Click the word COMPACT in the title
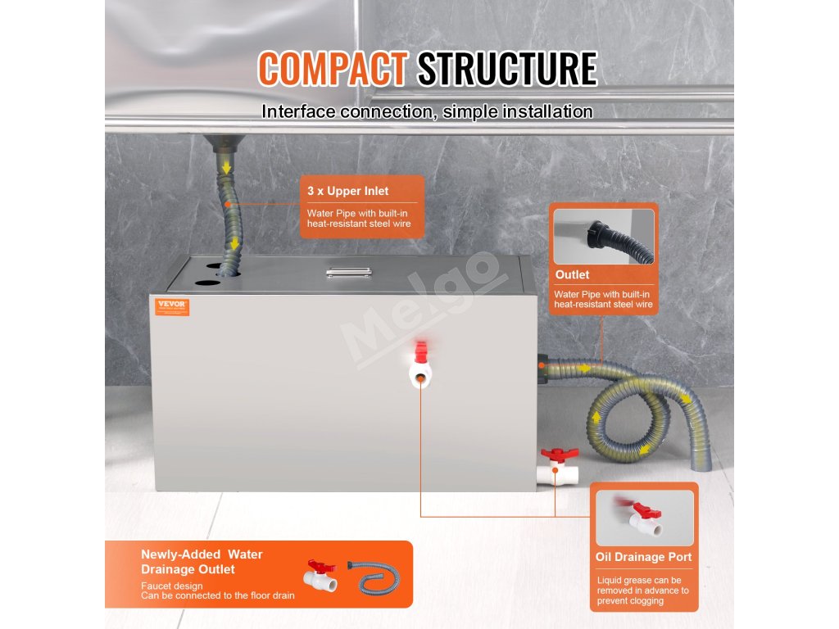click(x=332, y=70)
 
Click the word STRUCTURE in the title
click(x=506, y=70)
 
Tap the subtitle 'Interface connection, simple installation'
click(x=427, y=111)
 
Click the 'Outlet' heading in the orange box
click(x=572, y=274)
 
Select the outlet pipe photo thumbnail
click(x=604, y=236)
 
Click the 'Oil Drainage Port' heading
click(x=643, y=557)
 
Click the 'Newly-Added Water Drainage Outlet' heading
click(x=202, y=562)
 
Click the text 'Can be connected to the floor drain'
click(x=217, y=595)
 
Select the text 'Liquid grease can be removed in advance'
click(x=643, y=585)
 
